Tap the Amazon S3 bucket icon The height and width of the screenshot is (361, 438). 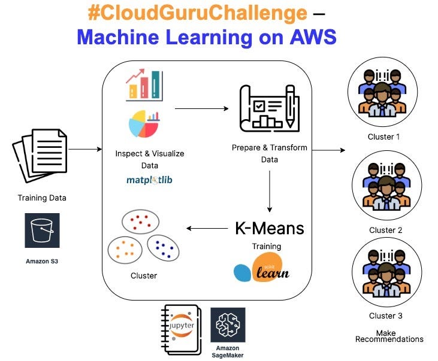pos(42,230)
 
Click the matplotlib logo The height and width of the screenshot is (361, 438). pos(149,180)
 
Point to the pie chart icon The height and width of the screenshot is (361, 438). pos(143,123)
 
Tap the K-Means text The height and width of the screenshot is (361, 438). pos(269,228)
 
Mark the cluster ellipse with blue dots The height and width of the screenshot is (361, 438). pos(162,246)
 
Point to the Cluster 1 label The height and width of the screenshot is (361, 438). pos(383,136)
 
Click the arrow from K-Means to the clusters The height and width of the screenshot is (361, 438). pos(207,228)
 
